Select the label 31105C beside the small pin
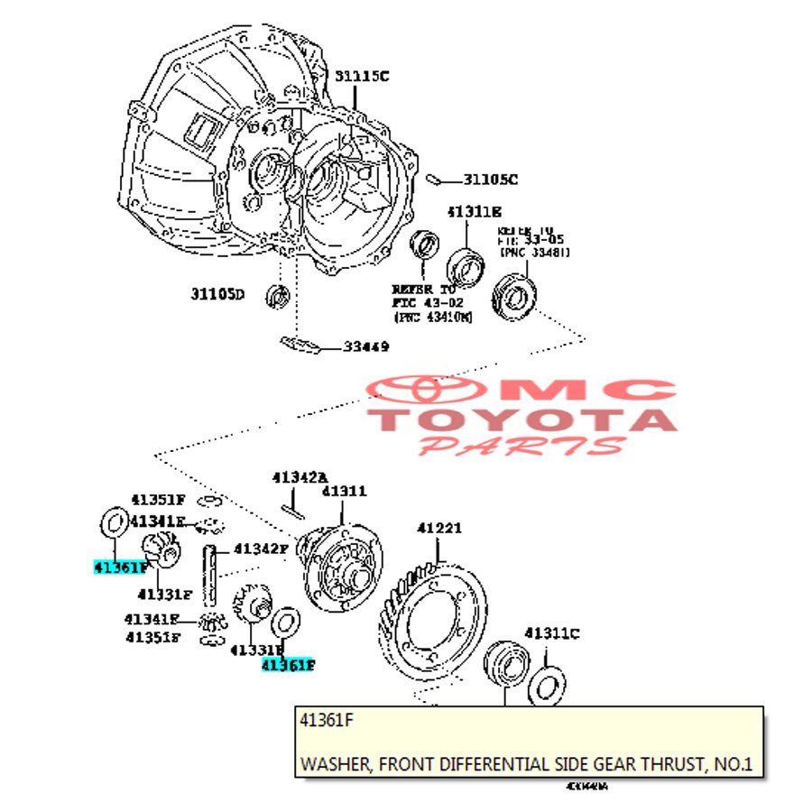(491, 180)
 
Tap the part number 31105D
(217, 293)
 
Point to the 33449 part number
(365, 346)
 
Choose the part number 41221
(438, 528)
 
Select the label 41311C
(552, 632)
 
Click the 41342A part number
(300, 475)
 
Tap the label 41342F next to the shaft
(261, 548)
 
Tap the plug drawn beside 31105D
(279, 294)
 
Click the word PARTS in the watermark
(523, 445)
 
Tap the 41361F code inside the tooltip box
(325, 723)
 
